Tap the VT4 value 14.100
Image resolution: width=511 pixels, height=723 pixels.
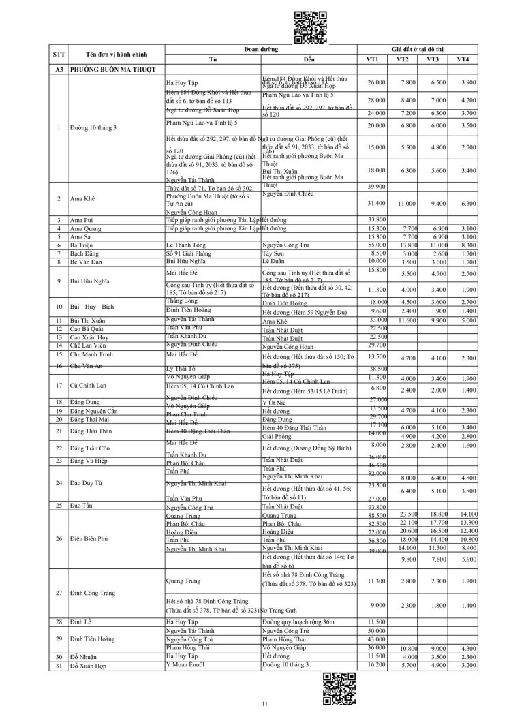click(466, 514)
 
